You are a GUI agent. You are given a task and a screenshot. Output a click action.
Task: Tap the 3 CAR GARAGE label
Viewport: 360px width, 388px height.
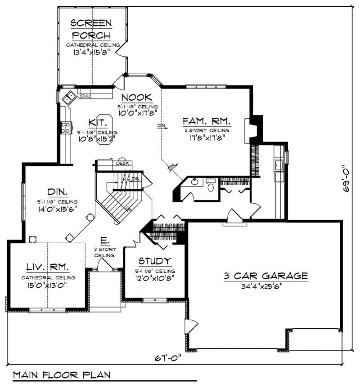click(x=265, y=276)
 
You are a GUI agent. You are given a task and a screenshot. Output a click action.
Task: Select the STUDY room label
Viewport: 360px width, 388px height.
click(x=154, y=261)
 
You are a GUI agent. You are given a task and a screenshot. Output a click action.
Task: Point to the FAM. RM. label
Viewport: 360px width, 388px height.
click(x=207, y=121)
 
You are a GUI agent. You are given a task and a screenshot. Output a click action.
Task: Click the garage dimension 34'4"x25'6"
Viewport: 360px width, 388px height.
click(x=265, y=285)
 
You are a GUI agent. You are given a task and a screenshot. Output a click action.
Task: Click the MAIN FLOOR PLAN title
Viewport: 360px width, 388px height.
click(x=61, y=375)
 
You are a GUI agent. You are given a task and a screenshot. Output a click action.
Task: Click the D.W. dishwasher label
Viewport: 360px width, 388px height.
click(x=85, y=95)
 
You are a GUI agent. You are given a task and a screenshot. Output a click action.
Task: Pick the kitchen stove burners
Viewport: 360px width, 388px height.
click(x=65, y=127)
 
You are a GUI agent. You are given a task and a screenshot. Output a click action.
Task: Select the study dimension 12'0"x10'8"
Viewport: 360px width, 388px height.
click(x=154, y=277)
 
